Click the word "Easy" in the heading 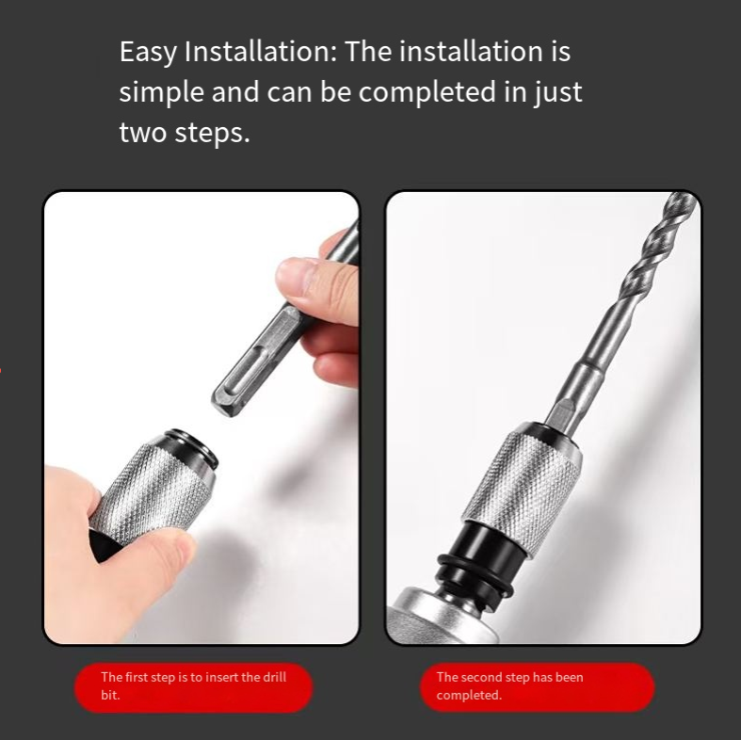click(148, 52)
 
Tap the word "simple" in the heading click(161, 92)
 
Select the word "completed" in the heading click(427, 92)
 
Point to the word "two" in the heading click(143, 132)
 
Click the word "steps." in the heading click(212, 134)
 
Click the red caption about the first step click(193, 687)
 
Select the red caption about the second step click(538, 687)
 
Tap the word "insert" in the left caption click(221, 677)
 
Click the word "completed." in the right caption click(469, 696)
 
